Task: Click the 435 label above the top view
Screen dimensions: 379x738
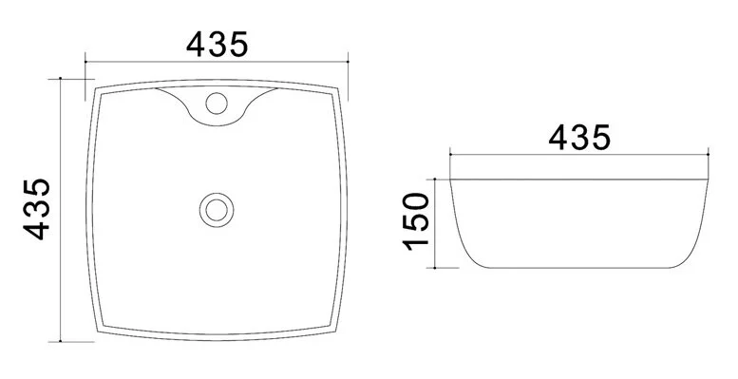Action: tap(218, 44)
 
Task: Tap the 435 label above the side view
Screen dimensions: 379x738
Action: tap(579, 138)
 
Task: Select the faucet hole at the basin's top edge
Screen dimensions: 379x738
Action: tap(218, 101)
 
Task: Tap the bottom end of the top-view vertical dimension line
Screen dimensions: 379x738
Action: tap(62, 341)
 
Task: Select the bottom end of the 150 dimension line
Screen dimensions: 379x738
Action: tap(436, 268)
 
